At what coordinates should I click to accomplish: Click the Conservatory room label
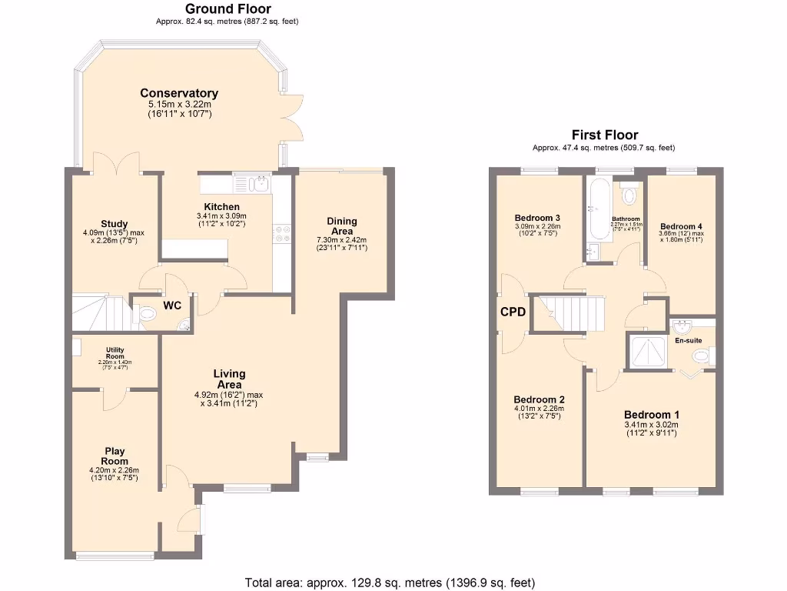(179, 93)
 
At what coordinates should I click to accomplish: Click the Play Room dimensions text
(115, 473)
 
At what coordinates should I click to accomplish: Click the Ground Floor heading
(227, 8)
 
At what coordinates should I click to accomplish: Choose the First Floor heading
(604, 135)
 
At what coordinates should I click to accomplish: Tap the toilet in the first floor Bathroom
(630, 195)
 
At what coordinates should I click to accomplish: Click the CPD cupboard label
(513, 312)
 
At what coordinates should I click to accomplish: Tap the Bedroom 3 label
(537, 218)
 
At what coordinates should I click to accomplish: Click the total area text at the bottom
(390, 582)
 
